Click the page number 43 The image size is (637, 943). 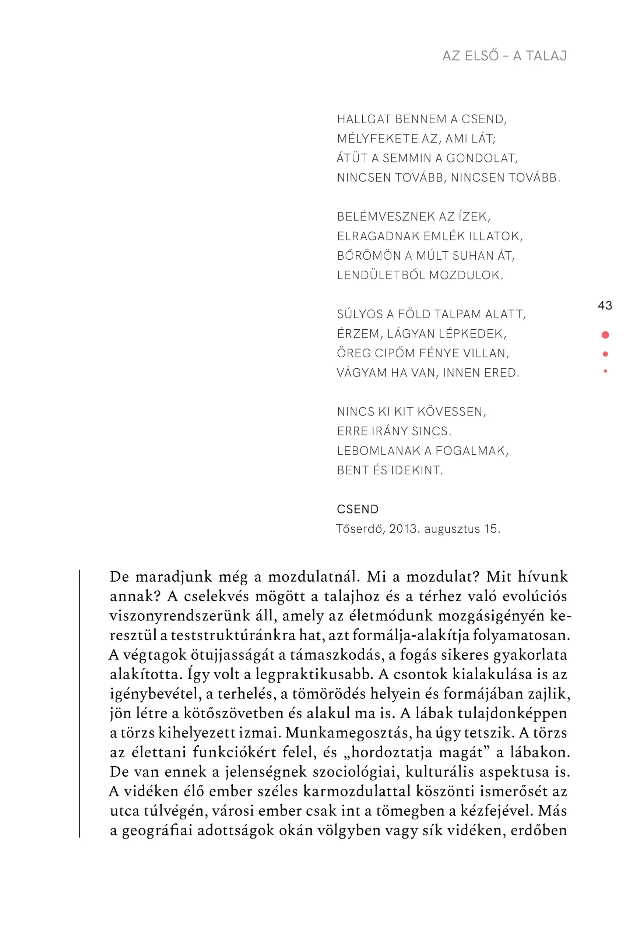605,305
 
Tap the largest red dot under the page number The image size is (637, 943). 605,335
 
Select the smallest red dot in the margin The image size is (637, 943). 605,371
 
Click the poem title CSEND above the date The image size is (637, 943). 358,509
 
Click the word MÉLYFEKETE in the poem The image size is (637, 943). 377,139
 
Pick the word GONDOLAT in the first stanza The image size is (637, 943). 481,158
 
